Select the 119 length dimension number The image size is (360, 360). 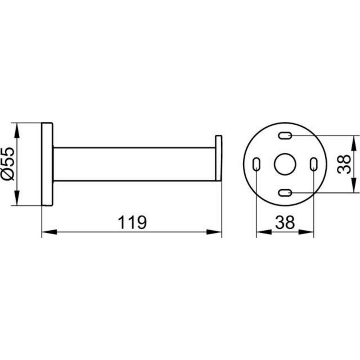[x=132, y=222]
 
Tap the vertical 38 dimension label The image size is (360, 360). [x=344, y=164]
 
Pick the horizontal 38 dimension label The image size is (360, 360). [x=285, y=222]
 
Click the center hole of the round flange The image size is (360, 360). [x=285, y=164]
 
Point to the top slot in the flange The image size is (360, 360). [x=285, y=136]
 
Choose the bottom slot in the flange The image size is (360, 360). [x=285, y=193]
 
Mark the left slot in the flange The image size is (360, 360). [x=256, y=164]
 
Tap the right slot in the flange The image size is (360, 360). [x=314, y=164]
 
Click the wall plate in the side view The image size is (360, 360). [x=47, y=164]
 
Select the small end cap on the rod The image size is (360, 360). [x=219, y=158]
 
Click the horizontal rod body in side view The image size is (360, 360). [x=134, y=164]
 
